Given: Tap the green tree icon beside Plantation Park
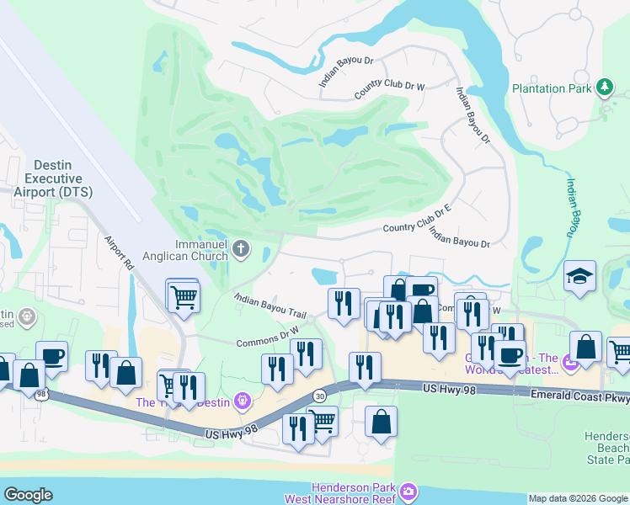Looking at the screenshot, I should tap(604, 87).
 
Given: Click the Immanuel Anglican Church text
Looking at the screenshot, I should tap(200, 250).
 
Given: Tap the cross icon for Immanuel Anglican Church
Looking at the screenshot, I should tap(241, 248).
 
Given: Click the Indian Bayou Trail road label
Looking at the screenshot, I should tap(270, 306).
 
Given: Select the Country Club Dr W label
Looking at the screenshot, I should tap(390, 89).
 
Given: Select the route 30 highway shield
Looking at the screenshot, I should tap(319, 396).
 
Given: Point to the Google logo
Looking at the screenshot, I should tap(28, 495).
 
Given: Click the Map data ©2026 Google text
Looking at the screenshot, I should tap(577, 498).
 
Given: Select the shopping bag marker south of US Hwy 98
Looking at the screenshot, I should tap(381, 419).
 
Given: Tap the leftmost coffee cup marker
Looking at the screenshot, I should tap(51, 355).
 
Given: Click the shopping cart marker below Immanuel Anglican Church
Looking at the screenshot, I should tap(182, 295).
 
